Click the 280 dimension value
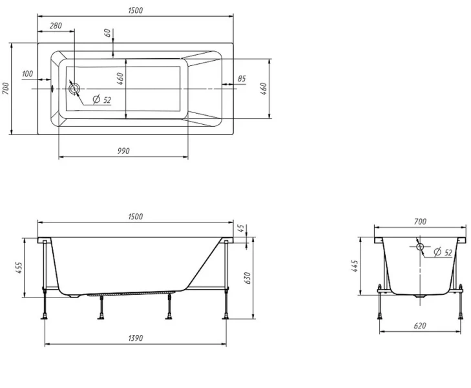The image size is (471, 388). [x=56, y=26]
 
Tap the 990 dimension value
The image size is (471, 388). [x=123, y=151]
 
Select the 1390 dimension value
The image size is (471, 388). [x=136, y=338]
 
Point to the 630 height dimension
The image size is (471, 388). [x=247, y=278]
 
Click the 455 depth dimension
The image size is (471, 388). [x=18, y=268]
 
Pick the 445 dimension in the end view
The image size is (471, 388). [x=355, y=266]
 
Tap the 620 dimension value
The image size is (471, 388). [x=420, y=326]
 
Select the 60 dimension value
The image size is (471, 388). [x=108, y=33]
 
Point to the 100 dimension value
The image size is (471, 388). [x=28, y=74]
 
